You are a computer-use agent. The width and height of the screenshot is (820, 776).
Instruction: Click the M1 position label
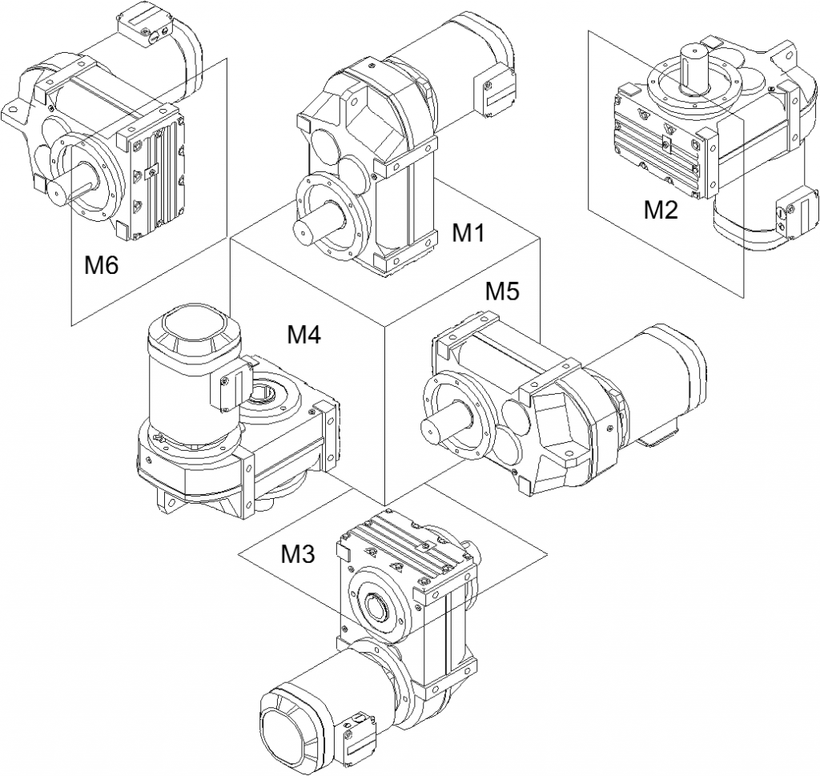coord(468,233)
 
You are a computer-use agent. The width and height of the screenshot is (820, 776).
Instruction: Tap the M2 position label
coord(661,210)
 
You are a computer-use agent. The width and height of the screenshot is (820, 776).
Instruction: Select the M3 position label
coord(297,553)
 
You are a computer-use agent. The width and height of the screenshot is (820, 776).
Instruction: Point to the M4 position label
coord(304,335)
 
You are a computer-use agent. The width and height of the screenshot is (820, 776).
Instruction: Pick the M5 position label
coord(503,291)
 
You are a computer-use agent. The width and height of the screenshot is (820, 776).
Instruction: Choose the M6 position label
coord(102,265)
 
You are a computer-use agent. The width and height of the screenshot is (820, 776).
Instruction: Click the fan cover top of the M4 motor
coord(195,328)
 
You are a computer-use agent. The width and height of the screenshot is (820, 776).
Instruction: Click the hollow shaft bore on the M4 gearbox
coord(264,393)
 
